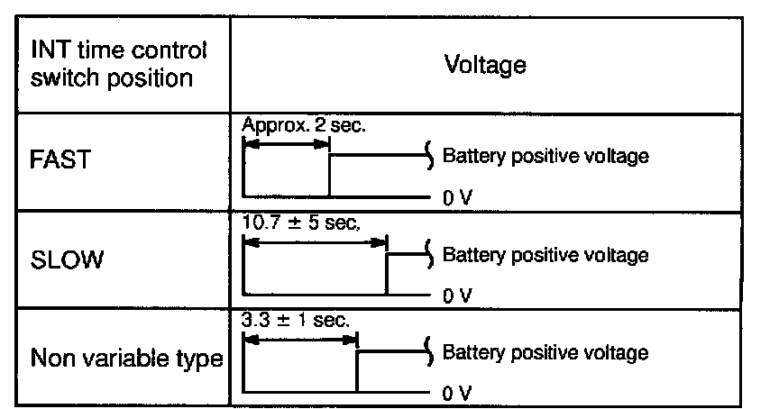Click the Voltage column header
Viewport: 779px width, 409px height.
485,65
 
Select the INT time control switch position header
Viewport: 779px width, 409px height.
118,65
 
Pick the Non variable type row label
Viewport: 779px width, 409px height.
126,359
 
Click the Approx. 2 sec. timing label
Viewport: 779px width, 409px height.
303,126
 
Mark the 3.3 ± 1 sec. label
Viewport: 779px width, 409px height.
296,319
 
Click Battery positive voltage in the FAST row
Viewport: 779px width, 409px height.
545,157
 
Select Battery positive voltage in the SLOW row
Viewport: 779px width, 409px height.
545,255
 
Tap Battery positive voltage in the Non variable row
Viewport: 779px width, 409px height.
545,352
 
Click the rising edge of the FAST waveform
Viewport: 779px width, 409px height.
329,176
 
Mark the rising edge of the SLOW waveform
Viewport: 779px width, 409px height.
387,274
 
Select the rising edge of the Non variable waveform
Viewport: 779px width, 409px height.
357,371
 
